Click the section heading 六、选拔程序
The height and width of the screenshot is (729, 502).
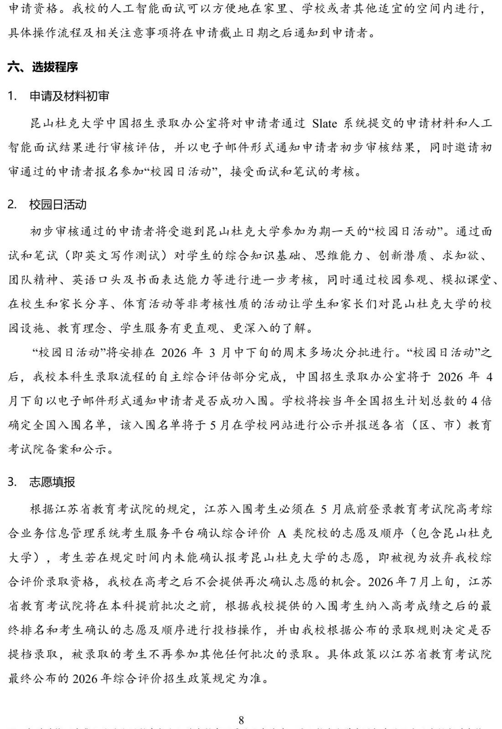43,67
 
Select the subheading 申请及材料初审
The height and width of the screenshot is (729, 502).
69,96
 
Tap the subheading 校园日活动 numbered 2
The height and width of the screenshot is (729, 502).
58,205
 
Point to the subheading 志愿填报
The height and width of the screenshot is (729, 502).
52,482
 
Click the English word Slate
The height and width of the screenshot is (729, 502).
325,123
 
